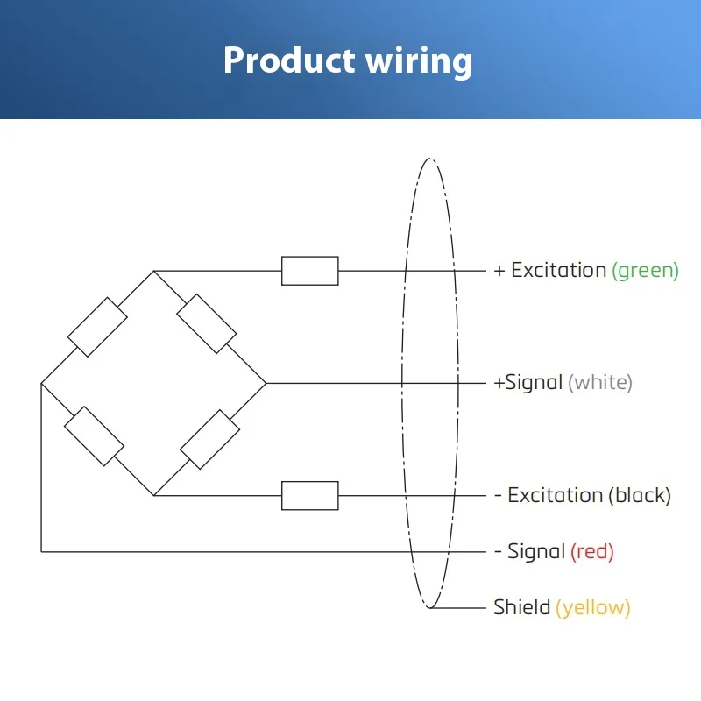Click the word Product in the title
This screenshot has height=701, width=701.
[289, 60]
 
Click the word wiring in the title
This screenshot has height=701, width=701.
[419, 61]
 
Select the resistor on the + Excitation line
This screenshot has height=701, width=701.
[310, 271]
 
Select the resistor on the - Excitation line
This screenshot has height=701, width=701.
[310, 495]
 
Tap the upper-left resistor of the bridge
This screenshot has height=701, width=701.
[97, 327]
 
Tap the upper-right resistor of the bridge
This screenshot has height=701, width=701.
[207, 323]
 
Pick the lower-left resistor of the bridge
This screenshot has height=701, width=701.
[95, 435]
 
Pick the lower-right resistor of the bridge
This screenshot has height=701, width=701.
[209, 440]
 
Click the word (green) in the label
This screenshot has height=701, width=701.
[645, 271]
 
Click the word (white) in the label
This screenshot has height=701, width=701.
[600, 383]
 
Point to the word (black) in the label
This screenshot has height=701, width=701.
[640, 495]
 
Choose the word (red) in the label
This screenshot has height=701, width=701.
[592, 552]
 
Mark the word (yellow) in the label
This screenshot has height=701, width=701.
[593, 608]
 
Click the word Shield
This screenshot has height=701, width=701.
[521, 607]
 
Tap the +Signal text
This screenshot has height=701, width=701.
[528, 383]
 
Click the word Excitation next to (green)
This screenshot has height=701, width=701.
[559, 270]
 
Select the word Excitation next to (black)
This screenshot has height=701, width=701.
[556, 495]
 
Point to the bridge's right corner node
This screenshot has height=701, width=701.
[266, 383]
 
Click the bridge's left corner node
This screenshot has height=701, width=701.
[41, 383]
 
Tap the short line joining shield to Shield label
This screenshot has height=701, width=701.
[457, 608]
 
